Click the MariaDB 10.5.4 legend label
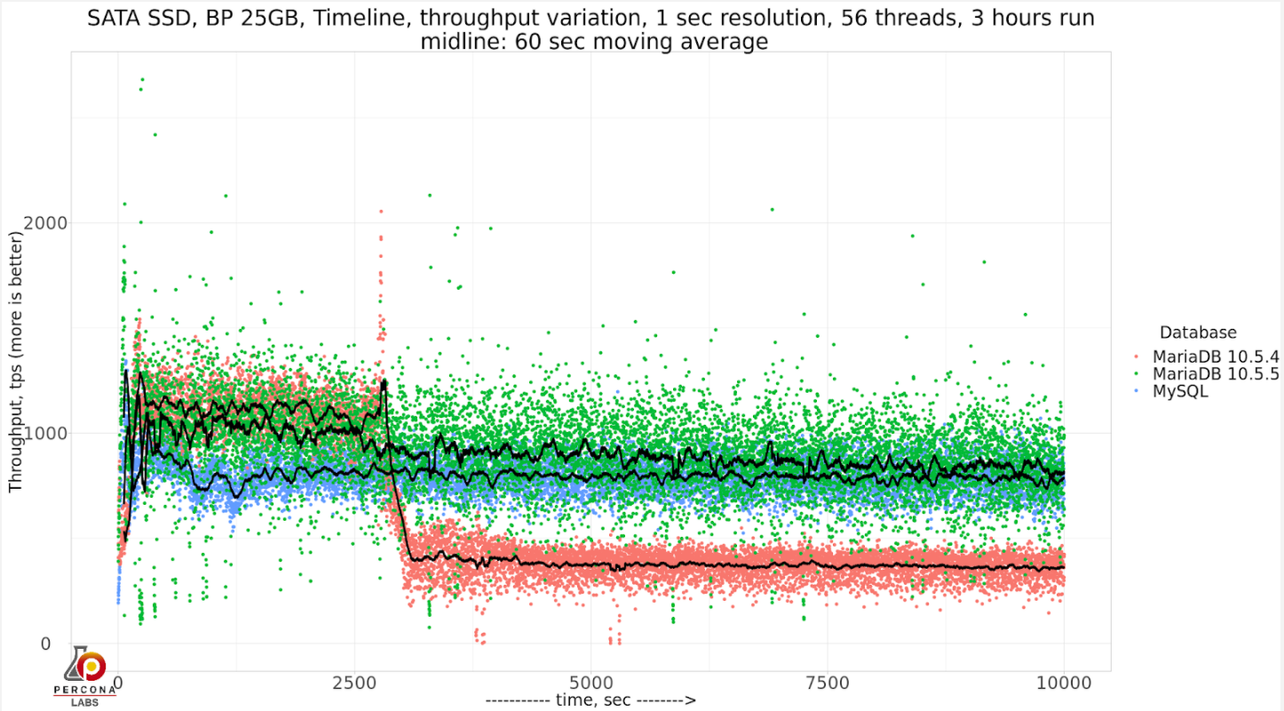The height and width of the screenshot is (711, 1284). (x=1216, y=357)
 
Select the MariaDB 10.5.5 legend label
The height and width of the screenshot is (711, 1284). (x=1216, y=374)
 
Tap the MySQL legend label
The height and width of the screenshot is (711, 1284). (x=1180, y=391)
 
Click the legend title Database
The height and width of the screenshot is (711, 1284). (x=1197, y=332)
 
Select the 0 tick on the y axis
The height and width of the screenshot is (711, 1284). (x=45, y=643)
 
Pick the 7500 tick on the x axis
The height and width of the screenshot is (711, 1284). (x=828, y=683)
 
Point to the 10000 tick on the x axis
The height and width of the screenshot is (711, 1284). (x=1064, y=683)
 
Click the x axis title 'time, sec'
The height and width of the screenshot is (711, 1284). (x=590, y=700)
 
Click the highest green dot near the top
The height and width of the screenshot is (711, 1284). (x=142, y=79)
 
